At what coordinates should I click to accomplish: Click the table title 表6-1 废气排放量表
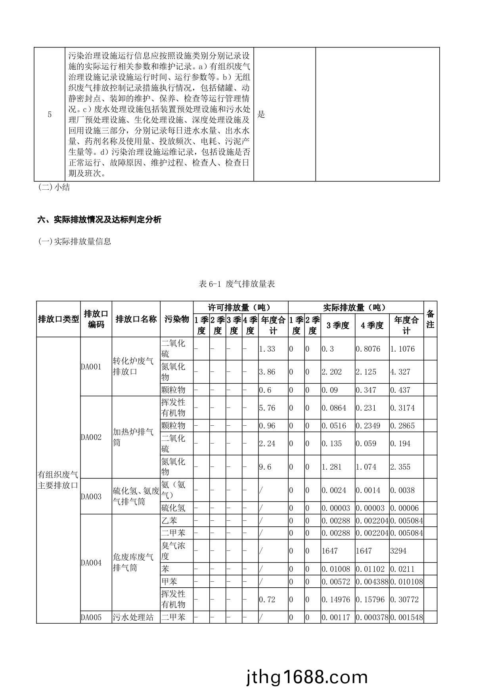pos(237,284)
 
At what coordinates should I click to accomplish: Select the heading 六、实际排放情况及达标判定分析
pos(100,220)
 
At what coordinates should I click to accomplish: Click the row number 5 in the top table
pos(50,115)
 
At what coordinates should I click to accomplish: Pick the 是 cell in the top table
pos(261,115)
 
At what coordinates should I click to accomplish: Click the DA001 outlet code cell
pos(91,367)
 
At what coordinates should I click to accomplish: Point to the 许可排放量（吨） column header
pos(240,307)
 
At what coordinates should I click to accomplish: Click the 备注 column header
pos(430,319)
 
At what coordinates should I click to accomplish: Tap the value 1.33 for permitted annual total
pos(267,349)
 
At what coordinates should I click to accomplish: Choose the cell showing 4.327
pos(400,372)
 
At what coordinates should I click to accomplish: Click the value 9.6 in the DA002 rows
pos(265,467)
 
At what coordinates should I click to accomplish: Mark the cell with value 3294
pos(398,551)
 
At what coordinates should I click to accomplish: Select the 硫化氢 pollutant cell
pos(173,508)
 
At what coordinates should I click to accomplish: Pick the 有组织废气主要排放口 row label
pos(58,480)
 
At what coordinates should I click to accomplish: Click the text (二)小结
pos(54,188)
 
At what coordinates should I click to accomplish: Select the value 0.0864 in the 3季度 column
pos(333,408)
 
